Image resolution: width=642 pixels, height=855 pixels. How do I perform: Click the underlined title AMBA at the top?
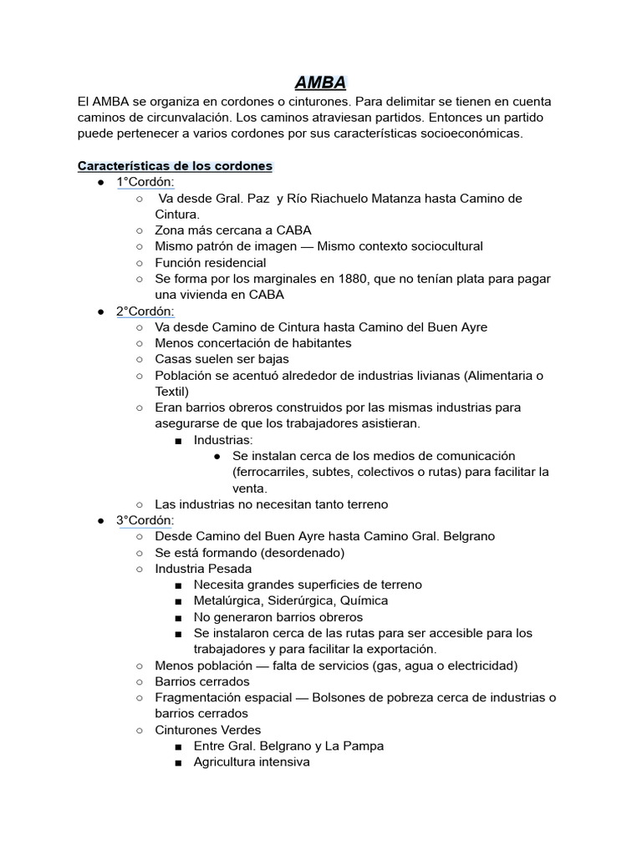click(x=321, y=82)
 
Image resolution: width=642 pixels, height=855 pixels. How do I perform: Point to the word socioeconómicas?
click(x=472, y=134)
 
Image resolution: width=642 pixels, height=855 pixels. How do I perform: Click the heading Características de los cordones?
click(x=175, y=166)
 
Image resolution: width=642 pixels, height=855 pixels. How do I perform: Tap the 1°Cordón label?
click(x=145, y=182)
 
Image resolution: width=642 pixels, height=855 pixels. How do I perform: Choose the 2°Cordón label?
click(x=145, y=311)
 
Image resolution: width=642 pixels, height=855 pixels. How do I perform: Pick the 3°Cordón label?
click(x=145, y=520)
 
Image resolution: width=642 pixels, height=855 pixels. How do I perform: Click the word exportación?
click(x=396, y=649)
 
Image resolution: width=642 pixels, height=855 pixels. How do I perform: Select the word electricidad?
click(x=479, y=665)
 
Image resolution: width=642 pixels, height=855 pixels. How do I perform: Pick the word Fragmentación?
click(x=197, y=697)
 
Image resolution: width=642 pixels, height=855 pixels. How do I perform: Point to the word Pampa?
click(x=365, y=746)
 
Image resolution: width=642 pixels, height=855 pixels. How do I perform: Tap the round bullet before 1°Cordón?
click(x=100, y=182)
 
